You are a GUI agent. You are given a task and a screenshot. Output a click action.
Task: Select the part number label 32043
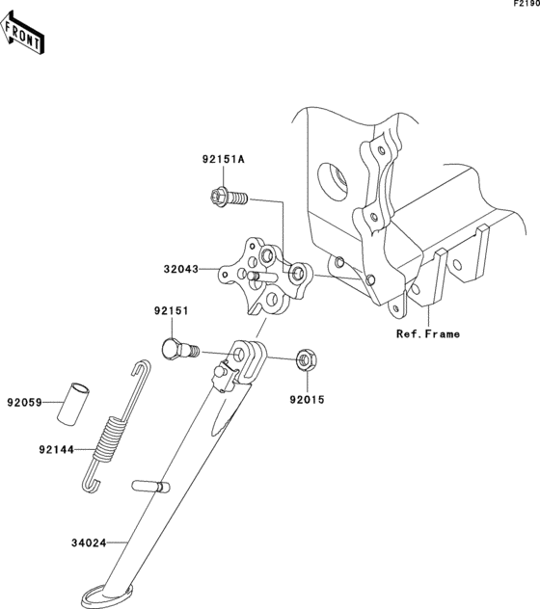click(180, 271)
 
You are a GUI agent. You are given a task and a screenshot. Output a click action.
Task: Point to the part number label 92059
click(26, 402)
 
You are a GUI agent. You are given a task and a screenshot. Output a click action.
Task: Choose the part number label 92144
click(57, 448)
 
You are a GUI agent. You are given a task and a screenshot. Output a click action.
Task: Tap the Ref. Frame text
click(427, 334)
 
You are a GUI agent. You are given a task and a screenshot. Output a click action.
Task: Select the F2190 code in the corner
click(525, 6)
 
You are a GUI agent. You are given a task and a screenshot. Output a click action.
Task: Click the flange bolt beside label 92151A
click(229, 199)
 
